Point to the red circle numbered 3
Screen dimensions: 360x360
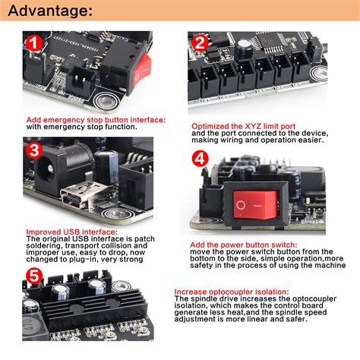[x=35, y=150]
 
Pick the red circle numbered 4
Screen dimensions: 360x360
[x=199, y=159]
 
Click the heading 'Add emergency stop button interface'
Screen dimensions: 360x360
[x=95, y=119]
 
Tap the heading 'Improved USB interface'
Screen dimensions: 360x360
[x=71, y=232]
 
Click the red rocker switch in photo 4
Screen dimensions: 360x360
[x=251, y=203]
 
